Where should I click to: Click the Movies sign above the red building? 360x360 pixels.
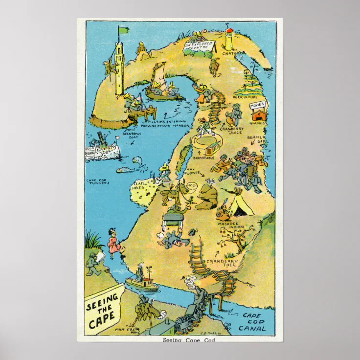tap(257, 105)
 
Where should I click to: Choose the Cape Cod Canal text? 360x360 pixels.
tap(253, 323)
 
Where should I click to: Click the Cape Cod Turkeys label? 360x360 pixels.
tap(98, 181)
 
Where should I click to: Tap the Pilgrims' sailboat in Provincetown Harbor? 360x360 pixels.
tap(163, 86)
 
